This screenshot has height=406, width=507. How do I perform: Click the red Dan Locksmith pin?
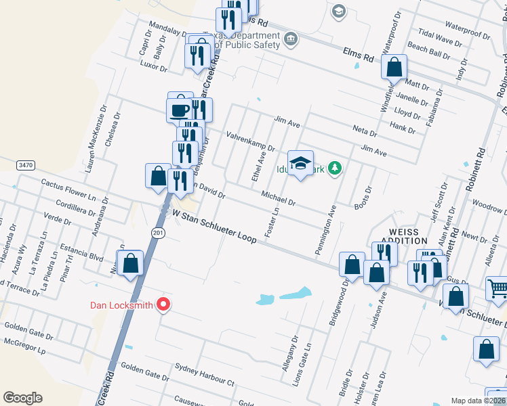pos(163,305)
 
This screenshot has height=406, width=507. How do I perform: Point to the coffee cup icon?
pos(180,110)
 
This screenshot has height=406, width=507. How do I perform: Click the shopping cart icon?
pos(497,289)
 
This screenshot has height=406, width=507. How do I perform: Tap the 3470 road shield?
pos(26,165)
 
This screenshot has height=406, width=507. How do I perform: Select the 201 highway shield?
pos(157,233)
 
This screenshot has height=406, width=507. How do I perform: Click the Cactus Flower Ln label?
pos(68,189)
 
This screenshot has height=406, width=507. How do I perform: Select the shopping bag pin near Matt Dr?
pos(394,68)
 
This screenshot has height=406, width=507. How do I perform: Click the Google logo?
pos(22,398)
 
